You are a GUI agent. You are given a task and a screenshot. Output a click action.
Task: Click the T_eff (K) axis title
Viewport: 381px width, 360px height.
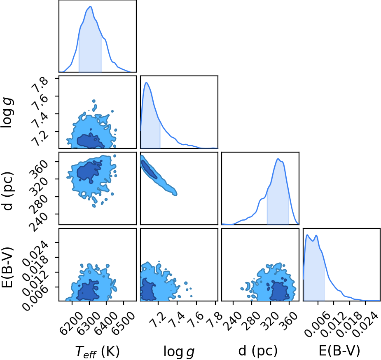click(98, 351)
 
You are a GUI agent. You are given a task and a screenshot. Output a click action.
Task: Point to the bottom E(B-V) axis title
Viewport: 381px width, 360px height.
click(339, 351)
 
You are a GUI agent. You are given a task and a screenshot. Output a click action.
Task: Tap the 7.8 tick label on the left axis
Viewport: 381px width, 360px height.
click(39, 84)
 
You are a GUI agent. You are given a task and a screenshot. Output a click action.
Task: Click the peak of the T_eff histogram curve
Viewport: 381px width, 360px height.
click(90, 6)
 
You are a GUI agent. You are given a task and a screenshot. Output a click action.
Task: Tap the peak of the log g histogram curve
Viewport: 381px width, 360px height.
click(147, 82)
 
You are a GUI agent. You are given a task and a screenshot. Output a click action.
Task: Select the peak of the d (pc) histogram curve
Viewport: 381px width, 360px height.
click(278, 159)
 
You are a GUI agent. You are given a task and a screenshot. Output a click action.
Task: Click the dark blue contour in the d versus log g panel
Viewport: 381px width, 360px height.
click(149, 169)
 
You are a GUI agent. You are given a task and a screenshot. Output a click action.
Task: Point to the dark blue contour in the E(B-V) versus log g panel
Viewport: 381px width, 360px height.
click(148, 289)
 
